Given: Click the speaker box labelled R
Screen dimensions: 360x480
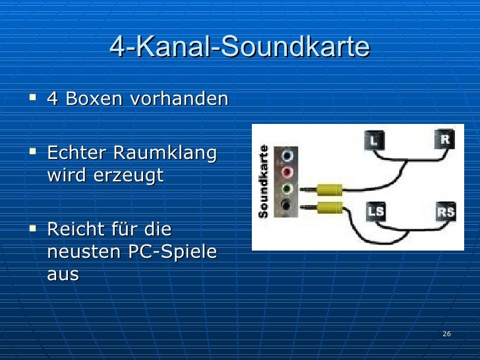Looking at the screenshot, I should click(x=445, y=139).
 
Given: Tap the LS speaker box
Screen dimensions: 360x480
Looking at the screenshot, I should click(x=375, y=212).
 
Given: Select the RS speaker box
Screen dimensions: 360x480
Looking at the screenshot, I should click(x=446, y=212).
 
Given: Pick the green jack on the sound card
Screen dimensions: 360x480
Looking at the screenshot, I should click(x=288, y=190).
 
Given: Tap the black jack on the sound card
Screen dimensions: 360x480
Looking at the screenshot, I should click(x=288, y=206).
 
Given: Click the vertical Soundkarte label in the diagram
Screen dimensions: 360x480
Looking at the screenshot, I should click(x=263, y=181).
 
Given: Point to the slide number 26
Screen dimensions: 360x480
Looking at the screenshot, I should click(x=446, y=334).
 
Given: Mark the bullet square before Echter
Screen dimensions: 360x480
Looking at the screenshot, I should click(x=32, y=153).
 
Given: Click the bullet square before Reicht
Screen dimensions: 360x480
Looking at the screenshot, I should click(x=32, y=229).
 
